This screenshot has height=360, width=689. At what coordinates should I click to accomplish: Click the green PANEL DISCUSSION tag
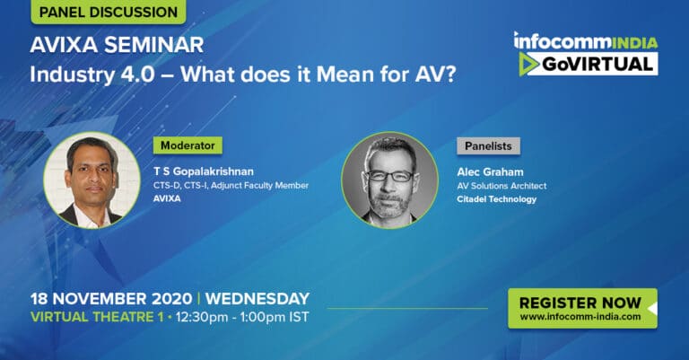tap(108, 12)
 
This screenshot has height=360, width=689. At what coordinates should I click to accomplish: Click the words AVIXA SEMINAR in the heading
tap(117, 45)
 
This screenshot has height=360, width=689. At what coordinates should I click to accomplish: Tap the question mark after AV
tap(449, 75)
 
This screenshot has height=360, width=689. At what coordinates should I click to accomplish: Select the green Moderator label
tap(188, 145)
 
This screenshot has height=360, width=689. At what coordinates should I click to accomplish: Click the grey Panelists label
tap(488, 146)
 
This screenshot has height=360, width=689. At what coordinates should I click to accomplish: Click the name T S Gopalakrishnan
tap(204, 171)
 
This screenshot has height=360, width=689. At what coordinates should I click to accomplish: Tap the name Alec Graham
tap(490, 171)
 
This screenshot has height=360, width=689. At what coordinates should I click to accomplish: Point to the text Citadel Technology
tap(496, 199)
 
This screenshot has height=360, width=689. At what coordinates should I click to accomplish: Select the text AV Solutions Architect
tap(501, 186)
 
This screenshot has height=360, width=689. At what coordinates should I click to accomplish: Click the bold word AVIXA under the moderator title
tap(167, 198)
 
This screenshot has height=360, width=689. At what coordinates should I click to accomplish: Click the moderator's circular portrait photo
tap(92, 180)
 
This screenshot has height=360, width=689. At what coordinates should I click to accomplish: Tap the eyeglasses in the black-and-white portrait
tap(389, 176)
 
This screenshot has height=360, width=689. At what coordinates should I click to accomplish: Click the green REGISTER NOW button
tap(582, 308)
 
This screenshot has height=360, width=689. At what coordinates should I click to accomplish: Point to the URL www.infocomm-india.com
tap(580, 317)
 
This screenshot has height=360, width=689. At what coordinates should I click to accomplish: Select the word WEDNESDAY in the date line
tap(257, 299)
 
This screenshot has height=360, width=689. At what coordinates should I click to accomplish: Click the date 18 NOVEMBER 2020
tap(111, 299)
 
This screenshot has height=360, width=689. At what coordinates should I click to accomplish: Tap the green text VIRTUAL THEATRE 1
tap(97, 317)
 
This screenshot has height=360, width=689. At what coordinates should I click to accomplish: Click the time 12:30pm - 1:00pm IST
tap(242, 318)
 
